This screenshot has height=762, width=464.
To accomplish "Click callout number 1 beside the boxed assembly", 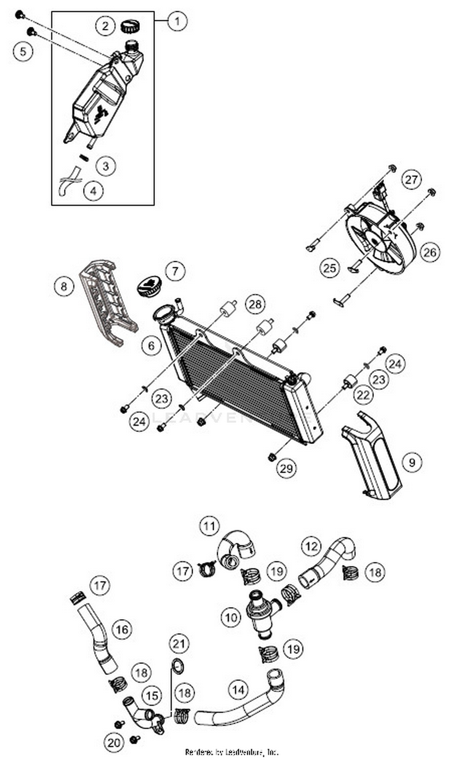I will pyautogui.click(x=177, y=21).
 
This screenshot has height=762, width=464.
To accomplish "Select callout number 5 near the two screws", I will pyautogui.click(x=23, y=51).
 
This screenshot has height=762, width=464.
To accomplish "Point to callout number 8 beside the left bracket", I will pyautogui.click(x=64, y=286).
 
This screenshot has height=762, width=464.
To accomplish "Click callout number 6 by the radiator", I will pyautogui.click(x=151, y=345).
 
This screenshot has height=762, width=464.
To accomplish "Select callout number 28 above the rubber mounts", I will pyautogui.click(x=255, y=305).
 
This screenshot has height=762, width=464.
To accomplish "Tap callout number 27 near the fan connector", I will pyautogui.click(x=411, y=179).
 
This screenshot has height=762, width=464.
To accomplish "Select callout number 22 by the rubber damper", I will pyautogui.click(x=363, y=395).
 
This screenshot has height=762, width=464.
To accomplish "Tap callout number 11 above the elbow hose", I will pyautogui.click(x=209, y=525).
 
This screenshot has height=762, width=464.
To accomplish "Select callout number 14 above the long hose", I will pyautogui.click(x=238, y=690).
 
